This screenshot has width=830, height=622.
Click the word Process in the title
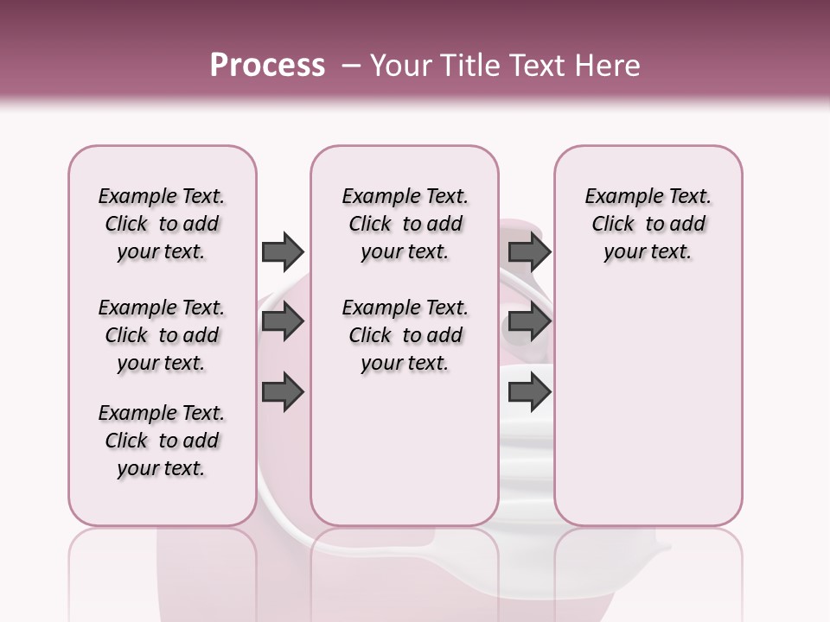[267, 66]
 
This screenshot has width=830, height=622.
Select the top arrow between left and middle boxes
[283, 251]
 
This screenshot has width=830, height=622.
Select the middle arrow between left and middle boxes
[283, 322]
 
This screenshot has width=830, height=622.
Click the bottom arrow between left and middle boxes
[283, 392]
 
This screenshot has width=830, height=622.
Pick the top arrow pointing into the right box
[529, 251]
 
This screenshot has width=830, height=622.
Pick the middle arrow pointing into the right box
[529, 322]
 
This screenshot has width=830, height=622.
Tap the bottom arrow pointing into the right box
[529, 392]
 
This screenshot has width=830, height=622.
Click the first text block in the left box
[162, 224]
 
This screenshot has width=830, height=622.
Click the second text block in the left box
[162, 335]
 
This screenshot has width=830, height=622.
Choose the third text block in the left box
[162, 441]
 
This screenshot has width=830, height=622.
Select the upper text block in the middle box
[405, 224]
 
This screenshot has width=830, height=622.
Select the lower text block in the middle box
[405, 335]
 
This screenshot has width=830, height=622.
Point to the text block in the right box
[648, 224]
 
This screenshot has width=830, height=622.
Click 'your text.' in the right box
[648, 252]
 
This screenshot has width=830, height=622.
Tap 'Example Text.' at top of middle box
[405, 196]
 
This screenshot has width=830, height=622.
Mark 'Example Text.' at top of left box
[162, 196]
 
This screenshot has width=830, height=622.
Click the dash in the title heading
[351, 66]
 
